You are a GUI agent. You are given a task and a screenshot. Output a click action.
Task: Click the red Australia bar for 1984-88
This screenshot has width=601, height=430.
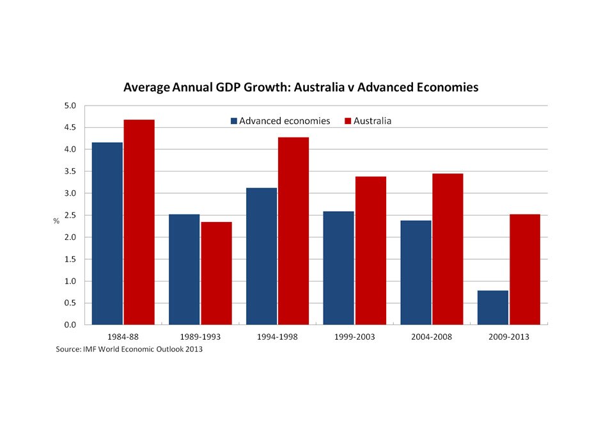tap(139, 222)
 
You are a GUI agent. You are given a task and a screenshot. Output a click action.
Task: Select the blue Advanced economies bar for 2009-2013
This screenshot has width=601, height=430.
tap(492, 308)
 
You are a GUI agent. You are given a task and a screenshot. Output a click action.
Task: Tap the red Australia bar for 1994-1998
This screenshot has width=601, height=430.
tap(293, 231)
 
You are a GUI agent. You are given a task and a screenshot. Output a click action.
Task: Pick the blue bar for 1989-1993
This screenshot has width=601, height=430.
tap(184, 269)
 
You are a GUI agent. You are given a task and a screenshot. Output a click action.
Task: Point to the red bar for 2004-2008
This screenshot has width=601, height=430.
tap(448, 249)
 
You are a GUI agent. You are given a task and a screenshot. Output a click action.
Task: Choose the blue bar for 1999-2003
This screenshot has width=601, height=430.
tap(338, 268)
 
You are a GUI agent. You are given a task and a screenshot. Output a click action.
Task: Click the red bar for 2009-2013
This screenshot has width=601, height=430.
tap(525, 269)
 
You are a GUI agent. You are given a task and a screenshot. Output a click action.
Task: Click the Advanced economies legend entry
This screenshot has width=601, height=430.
tap(281, 120)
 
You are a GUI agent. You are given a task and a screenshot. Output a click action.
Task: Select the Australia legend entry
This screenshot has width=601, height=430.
tap(368, 120)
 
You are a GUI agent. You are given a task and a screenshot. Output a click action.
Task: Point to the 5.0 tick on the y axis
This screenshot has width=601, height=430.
tap(70, 106)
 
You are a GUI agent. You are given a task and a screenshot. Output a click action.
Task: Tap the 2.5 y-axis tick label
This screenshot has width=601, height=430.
tap(70, 215)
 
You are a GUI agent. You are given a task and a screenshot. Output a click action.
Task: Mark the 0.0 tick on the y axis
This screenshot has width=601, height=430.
tap(70, 324)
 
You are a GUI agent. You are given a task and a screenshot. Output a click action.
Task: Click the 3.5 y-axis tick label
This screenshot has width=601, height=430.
tap(70, 171)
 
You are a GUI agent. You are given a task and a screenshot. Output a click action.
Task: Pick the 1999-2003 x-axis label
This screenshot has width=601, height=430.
tap(354, 337)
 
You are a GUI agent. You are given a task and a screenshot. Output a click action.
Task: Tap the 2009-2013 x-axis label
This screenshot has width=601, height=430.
tap(508, 337)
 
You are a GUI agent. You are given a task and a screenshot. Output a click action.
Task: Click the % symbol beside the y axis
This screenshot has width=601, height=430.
tap(56, 221)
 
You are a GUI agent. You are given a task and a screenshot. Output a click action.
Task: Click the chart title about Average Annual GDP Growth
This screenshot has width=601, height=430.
tap(300, 87)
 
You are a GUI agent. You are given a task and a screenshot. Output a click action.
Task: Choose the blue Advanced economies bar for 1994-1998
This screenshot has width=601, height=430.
tap(261, 256)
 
